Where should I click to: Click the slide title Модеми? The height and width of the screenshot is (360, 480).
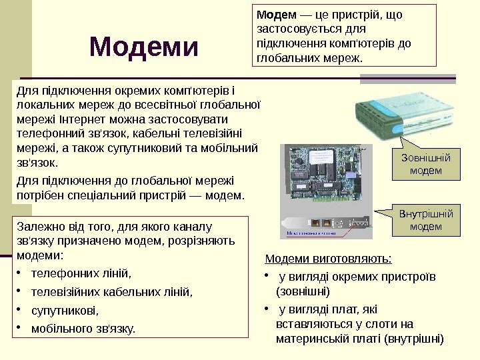[144, 47]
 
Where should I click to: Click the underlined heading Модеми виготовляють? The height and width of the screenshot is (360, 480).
[329, 259]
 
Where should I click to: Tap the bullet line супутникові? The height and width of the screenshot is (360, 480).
[64, 310]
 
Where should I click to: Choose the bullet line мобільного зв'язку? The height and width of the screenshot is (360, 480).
[83, 328]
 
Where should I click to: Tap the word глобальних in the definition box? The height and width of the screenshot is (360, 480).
[283, 58]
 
